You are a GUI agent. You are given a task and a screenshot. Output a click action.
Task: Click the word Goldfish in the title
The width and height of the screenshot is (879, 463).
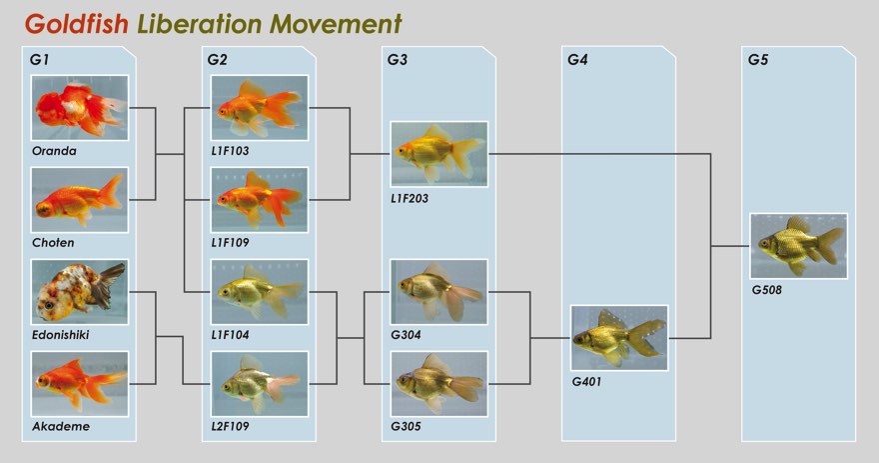77,25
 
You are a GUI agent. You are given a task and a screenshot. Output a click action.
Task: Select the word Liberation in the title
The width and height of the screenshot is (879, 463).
200,24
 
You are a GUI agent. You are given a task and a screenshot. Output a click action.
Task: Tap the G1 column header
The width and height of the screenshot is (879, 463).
39,59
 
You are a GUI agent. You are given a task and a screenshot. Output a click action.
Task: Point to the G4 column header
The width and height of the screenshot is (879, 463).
577,59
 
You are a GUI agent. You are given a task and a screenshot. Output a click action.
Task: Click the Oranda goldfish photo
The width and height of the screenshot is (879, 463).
80,108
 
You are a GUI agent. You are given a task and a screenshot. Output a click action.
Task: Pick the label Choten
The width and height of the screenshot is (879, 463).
53,242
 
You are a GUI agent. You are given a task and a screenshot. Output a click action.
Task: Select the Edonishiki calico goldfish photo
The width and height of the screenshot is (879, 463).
80,292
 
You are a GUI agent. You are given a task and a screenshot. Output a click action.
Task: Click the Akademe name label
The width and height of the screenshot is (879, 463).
61,426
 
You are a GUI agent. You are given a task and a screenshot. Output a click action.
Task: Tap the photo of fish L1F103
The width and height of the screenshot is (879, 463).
260,108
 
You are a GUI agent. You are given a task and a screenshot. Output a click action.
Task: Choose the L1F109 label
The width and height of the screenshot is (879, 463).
230,242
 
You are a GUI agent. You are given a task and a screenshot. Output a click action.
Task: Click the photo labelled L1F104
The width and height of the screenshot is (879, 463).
260,292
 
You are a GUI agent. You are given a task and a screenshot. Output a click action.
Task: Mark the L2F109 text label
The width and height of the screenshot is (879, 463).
230,426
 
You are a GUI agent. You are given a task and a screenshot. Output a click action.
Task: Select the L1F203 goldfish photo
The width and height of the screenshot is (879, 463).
439,154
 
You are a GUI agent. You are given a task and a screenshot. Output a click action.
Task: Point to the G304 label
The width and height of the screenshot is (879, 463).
406,334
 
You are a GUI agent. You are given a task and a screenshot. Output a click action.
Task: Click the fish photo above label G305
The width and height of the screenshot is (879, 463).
439,384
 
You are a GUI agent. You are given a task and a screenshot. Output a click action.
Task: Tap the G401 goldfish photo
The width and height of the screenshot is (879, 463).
619,338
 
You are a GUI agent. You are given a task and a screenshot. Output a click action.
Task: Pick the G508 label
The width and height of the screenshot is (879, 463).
767,290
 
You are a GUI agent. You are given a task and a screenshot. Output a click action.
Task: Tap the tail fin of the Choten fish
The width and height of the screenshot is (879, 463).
111,192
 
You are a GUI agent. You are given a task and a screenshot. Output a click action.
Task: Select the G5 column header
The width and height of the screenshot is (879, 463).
758,59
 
